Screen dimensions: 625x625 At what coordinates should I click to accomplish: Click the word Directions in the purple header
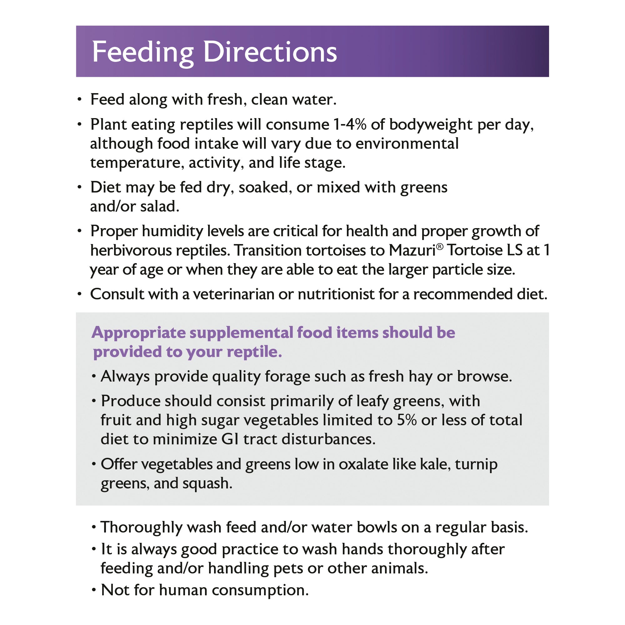(x=270, y=52)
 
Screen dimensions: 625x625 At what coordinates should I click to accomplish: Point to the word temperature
(x=135, y=163)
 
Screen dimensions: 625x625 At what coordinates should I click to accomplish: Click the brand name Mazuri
(x=412, y=250)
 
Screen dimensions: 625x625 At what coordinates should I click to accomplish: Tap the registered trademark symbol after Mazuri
(x=439, y=247)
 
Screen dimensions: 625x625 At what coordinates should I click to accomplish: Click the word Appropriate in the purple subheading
(x=138, y=333)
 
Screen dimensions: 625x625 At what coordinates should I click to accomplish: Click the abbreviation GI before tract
(x=229, y=439)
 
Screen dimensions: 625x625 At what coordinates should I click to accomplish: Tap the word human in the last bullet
(x=183, y=590)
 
